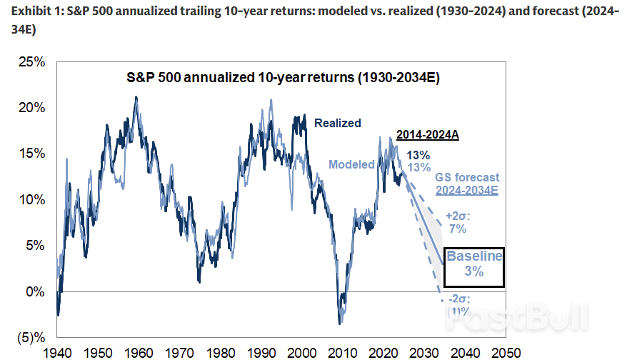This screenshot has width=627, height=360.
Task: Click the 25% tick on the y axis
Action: (x=32, y=62)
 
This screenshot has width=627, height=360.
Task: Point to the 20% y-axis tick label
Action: (x=32, y=108)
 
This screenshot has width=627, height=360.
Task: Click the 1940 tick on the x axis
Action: (x=58, y=352)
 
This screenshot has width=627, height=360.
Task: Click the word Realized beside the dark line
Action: (x=338, y=123)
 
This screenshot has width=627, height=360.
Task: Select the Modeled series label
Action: (x=351, y=165)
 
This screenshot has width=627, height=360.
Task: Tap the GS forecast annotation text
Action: (x=466, y=177)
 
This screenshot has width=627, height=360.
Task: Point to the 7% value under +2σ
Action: (x=458, y=229)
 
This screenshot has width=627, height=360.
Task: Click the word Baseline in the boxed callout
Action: (x=474, y=256)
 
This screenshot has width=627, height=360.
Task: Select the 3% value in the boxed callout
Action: (x=474, y=272)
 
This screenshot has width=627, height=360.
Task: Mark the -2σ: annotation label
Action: (x=458, y=300)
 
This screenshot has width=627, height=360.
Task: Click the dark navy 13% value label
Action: (x=418, y=155)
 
